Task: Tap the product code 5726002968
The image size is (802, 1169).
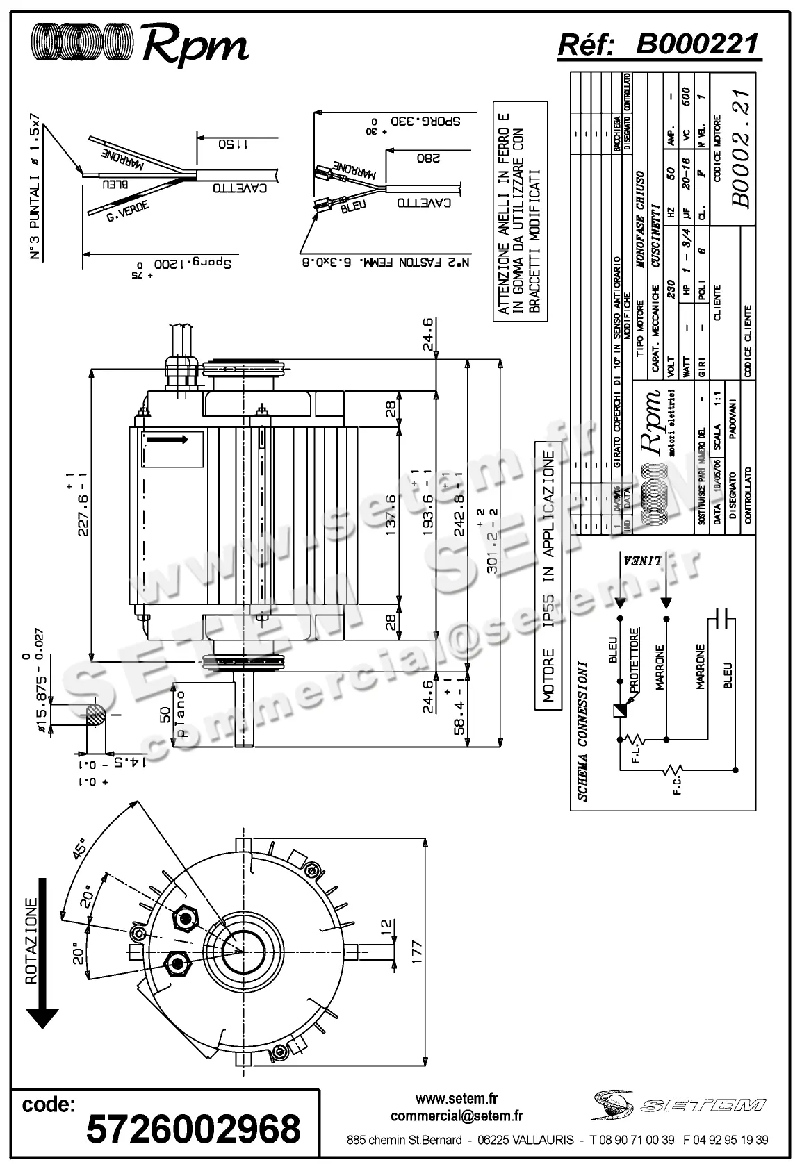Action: tap(193, 1128)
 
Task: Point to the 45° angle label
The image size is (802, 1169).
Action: tap(82, 850)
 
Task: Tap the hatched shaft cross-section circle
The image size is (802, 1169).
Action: tap(97, 715)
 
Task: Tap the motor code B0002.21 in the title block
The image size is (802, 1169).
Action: tap(741, 149)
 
